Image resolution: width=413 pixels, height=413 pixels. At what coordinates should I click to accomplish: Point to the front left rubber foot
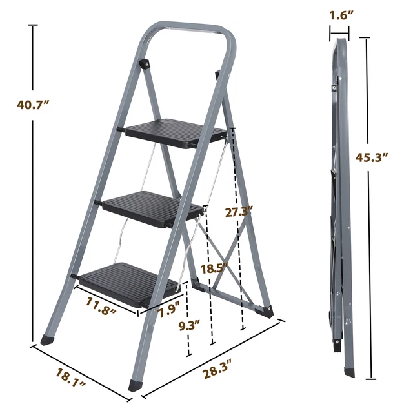pyautogui.click(x=47, y=337)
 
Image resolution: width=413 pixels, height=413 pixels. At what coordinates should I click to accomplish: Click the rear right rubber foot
pyautogui.click(x=265, y=311)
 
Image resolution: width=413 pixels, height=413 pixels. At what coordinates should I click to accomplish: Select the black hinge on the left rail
pyautogui.click(x=145, y=64)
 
